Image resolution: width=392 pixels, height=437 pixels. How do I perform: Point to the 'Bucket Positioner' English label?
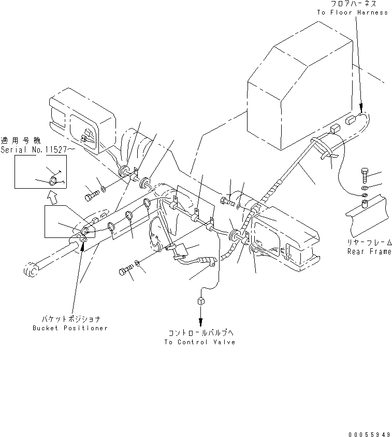[70, 329]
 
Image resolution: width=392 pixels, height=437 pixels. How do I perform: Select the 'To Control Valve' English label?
[199, 342]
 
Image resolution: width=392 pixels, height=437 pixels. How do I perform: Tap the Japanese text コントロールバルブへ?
[200, 333]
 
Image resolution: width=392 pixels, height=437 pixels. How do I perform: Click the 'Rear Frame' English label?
[369, 251]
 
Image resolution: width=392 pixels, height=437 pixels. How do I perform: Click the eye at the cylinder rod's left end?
[30, 270]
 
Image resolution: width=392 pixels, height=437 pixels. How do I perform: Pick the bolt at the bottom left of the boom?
[126, 271]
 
